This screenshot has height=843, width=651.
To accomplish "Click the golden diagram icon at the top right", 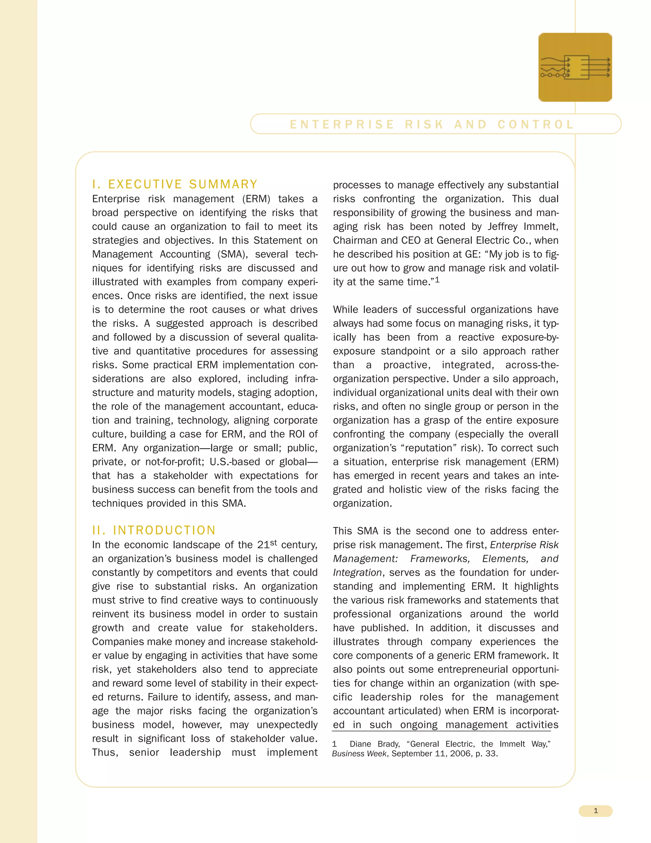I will (x=575, y=67).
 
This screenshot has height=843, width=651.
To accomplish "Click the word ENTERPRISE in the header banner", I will (x=342, y=124).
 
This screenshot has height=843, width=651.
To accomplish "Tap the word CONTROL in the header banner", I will (x=535, y=124).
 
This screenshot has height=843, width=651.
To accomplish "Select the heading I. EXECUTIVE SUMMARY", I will (x=175, y=184).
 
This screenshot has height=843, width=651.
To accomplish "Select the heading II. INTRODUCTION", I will (x=154, y=530).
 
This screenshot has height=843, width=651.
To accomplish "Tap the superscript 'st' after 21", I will (x=273, y=542).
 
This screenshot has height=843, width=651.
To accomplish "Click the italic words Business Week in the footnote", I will (x=359, y=753).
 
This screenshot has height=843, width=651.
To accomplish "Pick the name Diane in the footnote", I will (x=360, y=744).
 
